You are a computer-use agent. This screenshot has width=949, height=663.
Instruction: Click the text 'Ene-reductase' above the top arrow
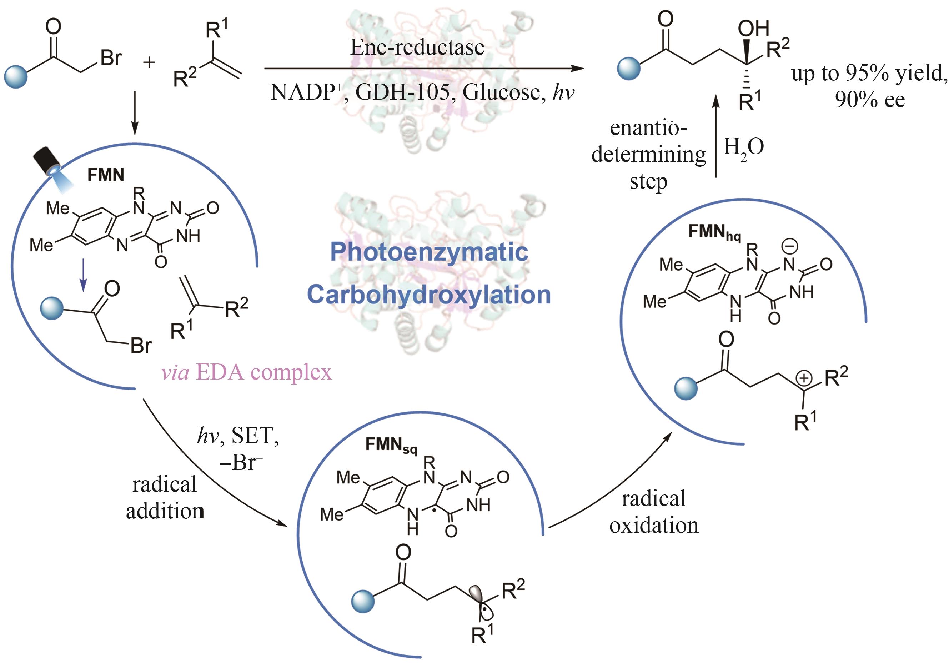tap(417, 47)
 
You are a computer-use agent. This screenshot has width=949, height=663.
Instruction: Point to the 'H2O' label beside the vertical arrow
tap(743, 147)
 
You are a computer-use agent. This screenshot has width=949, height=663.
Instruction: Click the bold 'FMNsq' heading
tap(391, 445)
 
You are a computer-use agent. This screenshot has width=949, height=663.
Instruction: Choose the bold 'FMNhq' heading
tap(714, 232)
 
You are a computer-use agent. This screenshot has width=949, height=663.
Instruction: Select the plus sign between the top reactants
tap(149, 62)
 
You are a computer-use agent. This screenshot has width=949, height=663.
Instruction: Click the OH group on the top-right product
tap(753, 29)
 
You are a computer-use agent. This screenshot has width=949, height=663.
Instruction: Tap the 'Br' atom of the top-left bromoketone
tap(111, 58)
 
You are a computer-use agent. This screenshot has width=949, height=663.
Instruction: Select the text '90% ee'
tap(870, 100)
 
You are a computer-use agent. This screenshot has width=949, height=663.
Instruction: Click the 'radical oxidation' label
tap(653, 512)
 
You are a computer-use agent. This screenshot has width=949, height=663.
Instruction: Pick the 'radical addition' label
tap(165, 498)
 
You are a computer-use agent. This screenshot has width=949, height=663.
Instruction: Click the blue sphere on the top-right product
tap(629, 68)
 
